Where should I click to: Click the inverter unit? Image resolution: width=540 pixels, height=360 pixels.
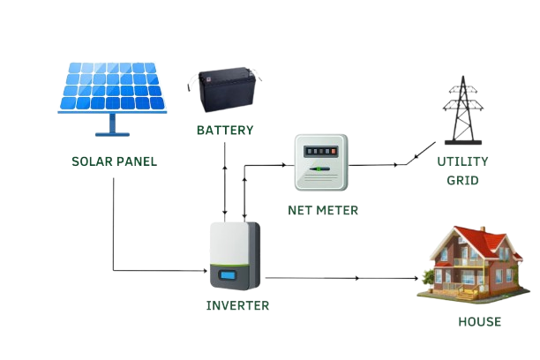234,256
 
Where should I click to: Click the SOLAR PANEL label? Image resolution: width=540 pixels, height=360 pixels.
114,161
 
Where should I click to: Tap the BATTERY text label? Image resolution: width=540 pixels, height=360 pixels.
225,130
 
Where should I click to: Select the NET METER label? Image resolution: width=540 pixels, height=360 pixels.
323,210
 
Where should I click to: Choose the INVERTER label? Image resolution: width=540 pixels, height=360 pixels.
237,305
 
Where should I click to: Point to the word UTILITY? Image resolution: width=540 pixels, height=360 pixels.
462,161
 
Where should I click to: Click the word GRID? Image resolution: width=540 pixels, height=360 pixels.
461,180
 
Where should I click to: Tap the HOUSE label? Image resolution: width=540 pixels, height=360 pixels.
479,321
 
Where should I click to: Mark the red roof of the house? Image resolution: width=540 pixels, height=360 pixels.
472,238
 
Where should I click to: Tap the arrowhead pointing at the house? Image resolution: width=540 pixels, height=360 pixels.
417,278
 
